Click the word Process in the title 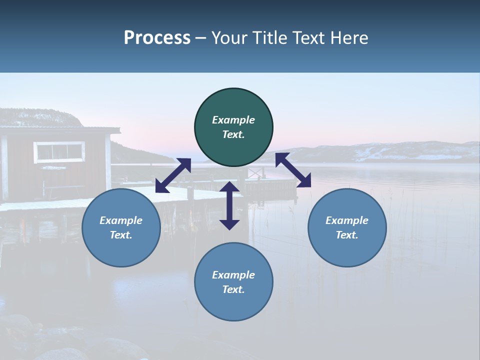[x=157, y=38]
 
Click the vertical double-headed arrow [x=229, y=205]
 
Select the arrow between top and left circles [x=173, y=175]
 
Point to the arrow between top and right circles [x=293, y=170]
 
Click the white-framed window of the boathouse [x=59, y=152]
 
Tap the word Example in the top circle [x=233, y=120]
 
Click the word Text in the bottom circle [x=233, y=289]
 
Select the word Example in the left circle [x=121, y=220]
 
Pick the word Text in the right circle [x=347, y=235]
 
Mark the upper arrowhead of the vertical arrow [x=229, y=187]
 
